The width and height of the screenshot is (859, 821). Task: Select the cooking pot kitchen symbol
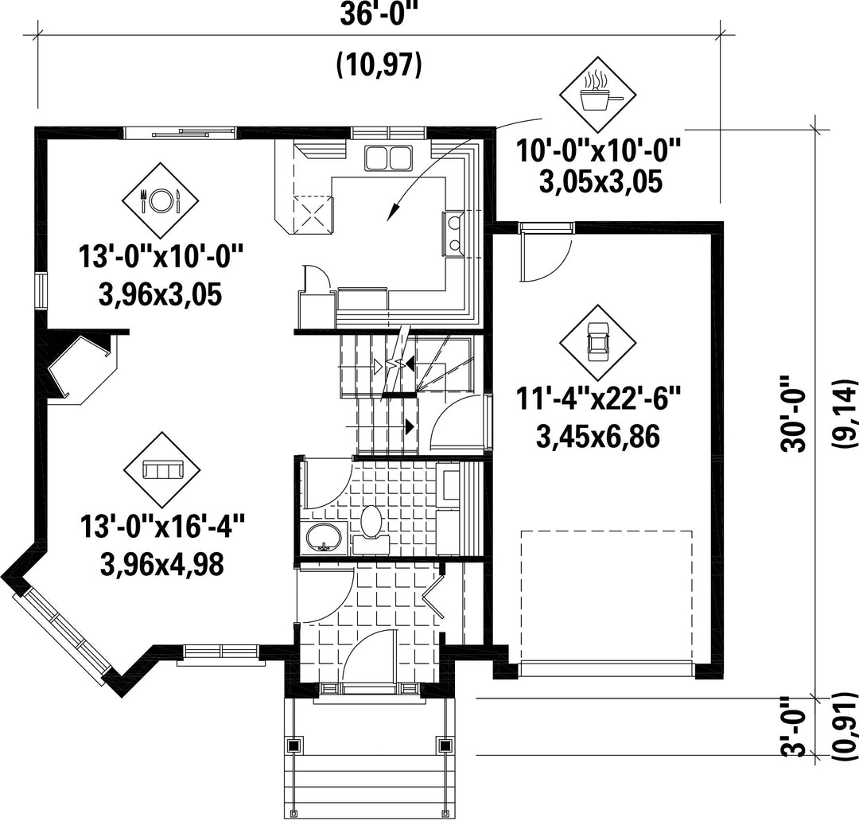[597, 94]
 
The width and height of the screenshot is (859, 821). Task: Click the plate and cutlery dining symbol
[160, 200]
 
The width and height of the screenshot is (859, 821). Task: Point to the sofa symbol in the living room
[162, 469]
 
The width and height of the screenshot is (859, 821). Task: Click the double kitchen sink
[388, 158]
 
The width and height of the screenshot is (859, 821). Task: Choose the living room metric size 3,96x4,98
[162, 564]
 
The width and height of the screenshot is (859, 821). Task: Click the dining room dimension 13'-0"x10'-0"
[161, 256]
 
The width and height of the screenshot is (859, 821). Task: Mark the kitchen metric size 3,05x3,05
[601, 182]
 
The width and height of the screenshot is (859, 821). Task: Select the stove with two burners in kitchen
[454, 233]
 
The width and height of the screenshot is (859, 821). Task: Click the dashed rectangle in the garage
[606, 597]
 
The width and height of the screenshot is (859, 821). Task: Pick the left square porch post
[295, 745]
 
